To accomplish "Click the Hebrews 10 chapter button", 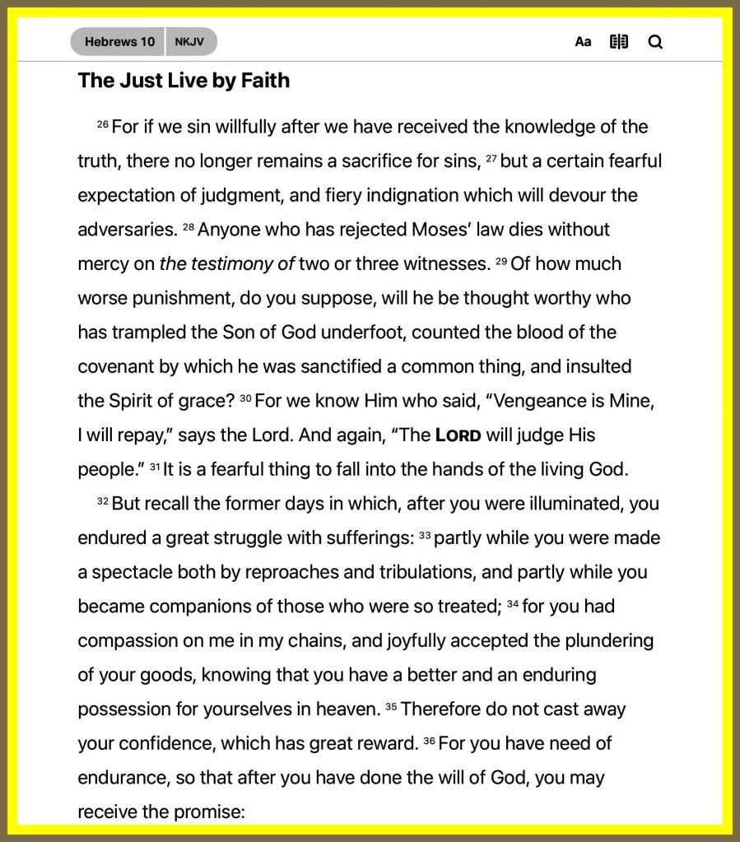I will coord(119,42).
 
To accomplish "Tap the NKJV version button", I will coord(190,42).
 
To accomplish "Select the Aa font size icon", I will coord(583,42).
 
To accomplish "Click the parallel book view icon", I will coord(619,42).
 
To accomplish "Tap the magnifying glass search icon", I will coord(655,42).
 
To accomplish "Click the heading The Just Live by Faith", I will coord(184,81).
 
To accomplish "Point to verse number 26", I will coord(103,124).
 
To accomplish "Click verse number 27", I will coord(491,159).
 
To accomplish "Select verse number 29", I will coord(501,262).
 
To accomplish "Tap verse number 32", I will coord(103,501).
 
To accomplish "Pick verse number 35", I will coord(391,707).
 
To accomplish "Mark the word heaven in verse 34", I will coord(346,709).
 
